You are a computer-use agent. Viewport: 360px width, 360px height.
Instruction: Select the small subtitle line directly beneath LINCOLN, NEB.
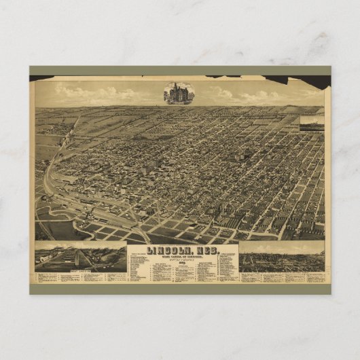coord(181,256)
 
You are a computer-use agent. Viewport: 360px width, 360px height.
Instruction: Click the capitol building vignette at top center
coord(179,93)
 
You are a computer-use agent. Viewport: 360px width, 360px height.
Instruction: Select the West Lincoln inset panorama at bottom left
coord(80,255)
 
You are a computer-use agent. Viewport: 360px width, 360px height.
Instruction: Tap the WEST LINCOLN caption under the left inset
coord(79,270)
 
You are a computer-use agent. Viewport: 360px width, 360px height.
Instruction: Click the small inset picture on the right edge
coord(311,123)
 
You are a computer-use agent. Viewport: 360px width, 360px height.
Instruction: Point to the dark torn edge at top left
coord(41,78)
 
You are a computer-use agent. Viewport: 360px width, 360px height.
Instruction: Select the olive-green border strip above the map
coord(180,70)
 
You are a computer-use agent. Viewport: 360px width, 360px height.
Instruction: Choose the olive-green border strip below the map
coord(180,289)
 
